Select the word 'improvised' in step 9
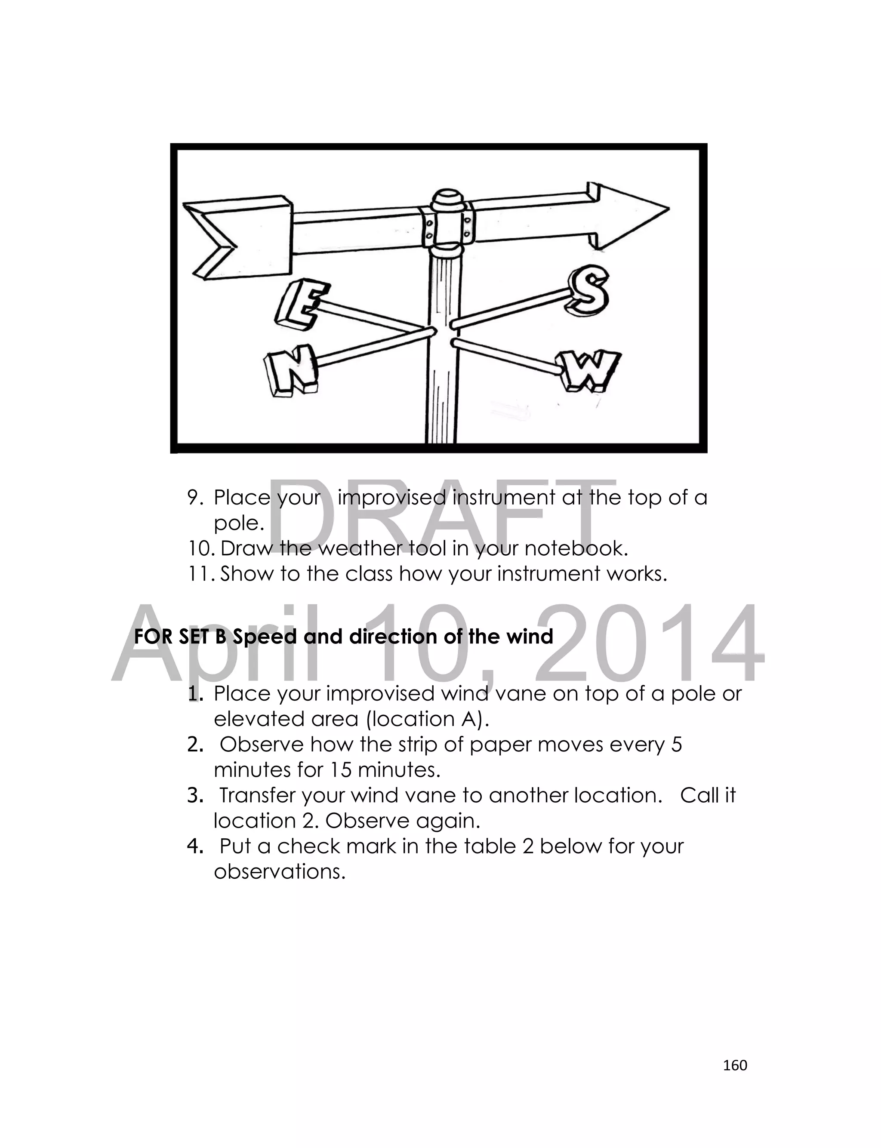[x=391, y=497]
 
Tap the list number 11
[x=199, y=574]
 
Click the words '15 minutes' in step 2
[x=385, y=769]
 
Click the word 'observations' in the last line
[x=279, y=872]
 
